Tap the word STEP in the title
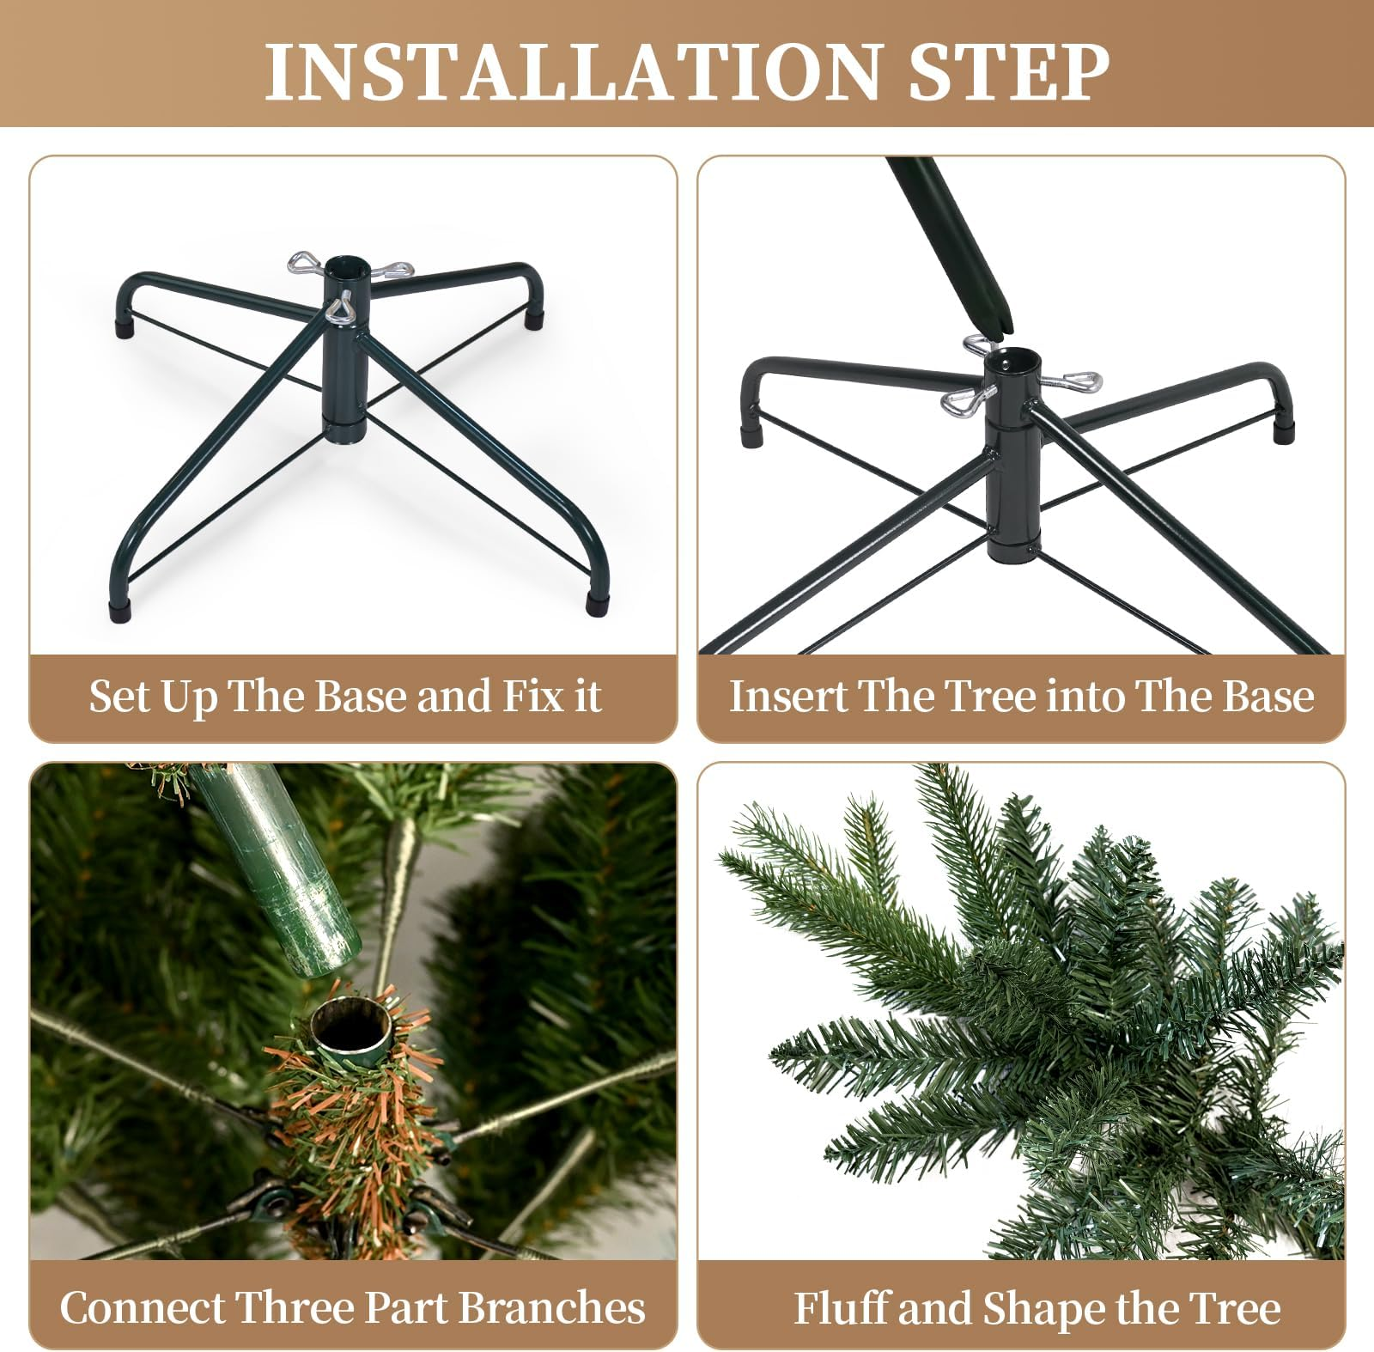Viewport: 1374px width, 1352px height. click(1008, 71)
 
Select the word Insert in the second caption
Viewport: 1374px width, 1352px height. click(787, 696)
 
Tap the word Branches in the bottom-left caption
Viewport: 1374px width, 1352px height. click(551, 1308)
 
